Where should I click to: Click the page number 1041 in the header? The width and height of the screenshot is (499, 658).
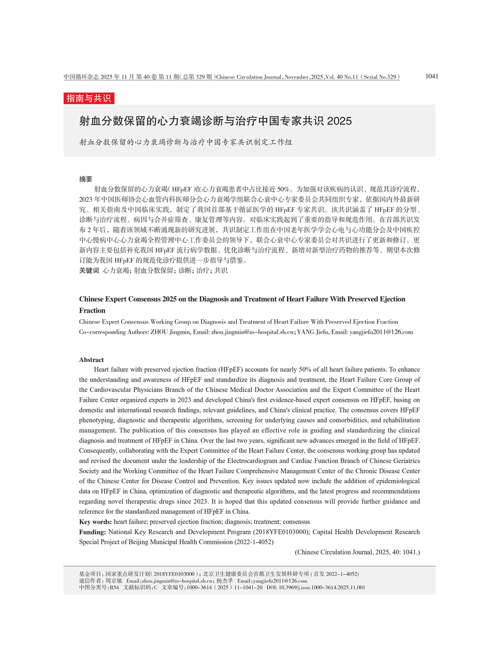(x=431, y=76)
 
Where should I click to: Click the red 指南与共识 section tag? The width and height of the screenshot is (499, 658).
(x=88, y=98)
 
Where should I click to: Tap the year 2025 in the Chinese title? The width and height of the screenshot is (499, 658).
(x=339, y=121)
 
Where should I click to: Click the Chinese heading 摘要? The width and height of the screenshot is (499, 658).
(x=86, y=179)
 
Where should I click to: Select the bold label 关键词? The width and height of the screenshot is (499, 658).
(x=89, y=270)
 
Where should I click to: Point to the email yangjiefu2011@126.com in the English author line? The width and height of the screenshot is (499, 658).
(x=381, y=332)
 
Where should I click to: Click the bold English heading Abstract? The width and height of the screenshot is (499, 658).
(x=92, y=359)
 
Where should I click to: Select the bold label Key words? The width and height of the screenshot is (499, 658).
(x=95, y=521)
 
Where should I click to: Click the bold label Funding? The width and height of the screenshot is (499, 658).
(x=93, y=532)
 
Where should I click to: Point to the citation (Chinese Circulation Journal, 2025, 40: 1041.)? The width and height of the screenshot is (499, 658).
(x=357, y=552)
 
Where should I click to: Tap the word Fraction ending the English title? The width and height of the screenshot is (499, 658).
(x=92, y=310)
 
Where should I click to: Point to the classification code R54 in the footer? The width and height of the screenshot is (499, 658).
(x=114, y=587)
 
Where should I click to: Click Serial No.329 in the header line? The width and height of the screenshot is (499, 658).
(x=380, y=77)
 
